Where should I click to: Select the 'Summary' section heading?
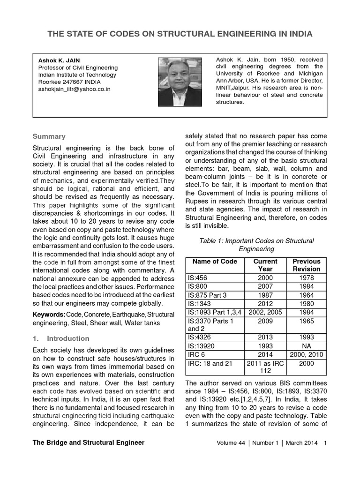[49, 136]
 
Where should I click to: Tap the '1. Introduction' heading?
[60, 338]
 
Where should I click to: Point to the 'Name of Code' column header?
[215, 262]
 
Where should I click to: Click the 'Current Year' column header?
[265, 265]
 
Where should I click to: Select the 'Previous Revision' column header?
[306, 265]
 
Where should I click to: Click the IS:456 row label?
[198, 278]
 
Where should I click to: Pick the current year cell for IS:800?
[265, 286]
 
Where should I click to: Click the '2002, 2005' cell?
[265, 312]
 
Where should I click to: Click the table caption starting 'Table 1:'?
[256, 245]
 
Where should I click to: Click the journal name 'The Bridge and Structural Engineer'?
[89, 442]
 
